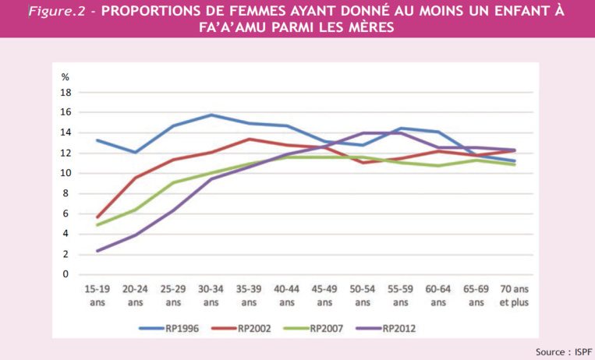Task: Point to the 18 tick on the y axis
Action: click(66, 92)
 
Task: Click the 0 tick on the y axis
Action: click(66, 274)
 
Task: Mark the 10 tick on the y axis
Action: click(66, 173)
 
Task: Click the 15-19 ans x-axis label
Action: click(97, 295)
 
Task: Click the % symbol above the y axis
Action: click(66, 76)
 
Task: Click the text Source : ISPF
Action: click(561, 351)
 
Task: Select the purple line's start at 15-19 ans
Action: click(97, 251)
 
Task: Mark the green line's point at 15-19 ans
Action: click(97, 224)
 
